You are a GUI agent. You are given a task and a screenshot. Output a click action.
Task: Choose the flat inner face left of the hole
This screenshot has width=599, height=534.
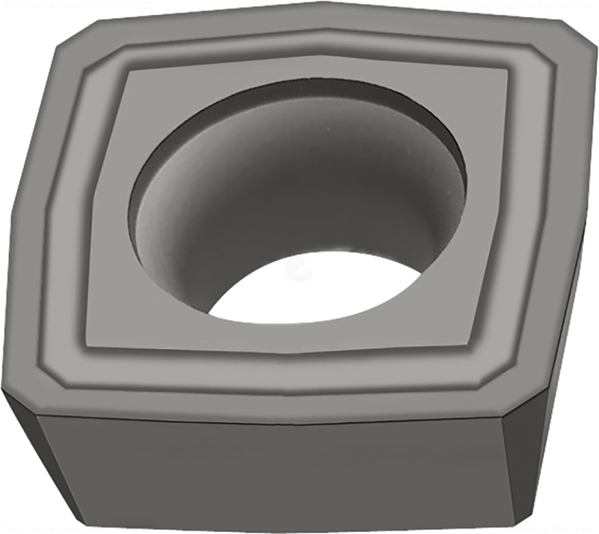click(x=108, y=239)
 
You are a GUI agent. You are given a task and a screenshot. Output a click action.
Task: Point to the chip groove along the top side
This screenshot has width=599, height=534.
click(x=319, y=45)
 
